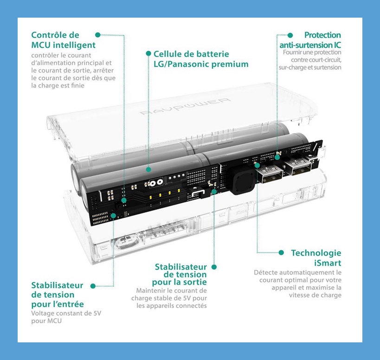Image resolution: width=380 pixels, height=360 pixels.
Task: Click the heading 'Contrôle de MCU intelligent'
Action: [x=63, y=40]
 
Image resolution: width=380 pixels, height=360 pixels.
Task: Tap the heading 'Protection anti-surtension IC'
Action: [x=310, y=40]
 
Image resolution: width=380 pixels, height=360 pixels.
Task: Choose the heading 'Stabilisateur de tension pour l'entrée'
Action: [x=58, y=295]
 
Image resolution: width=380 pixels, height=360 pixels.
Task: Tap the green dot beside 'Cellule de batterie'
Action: [x=148, y=54]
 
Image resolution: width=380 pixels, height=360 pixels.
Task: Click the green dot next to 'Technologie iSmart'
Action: [x=281, y=253]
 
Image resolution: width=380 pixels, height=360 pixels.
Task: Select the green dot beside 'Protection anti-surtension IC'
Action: [x=290, y=35]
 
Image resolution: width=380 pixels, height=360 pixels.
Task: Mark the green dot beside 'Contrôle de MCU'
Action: [x=97, y=35]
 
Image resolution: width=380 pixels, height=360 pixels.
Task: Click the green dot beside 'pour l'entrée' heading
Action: [x=93, y=286]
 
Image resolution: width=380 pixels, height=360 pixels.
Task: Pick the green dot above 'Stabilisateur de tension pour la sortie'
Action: [x=214, y=267]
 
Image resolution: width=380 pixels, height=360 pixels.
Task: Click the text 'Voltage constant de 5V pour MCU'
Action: [x=66, y=317]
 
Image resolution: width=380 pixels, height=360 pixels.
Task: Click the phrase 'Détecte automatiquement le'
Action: [x=297, y=272]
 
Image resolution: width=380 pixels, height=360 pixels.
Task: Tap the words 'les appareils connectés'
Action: [x=172, y=306]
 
